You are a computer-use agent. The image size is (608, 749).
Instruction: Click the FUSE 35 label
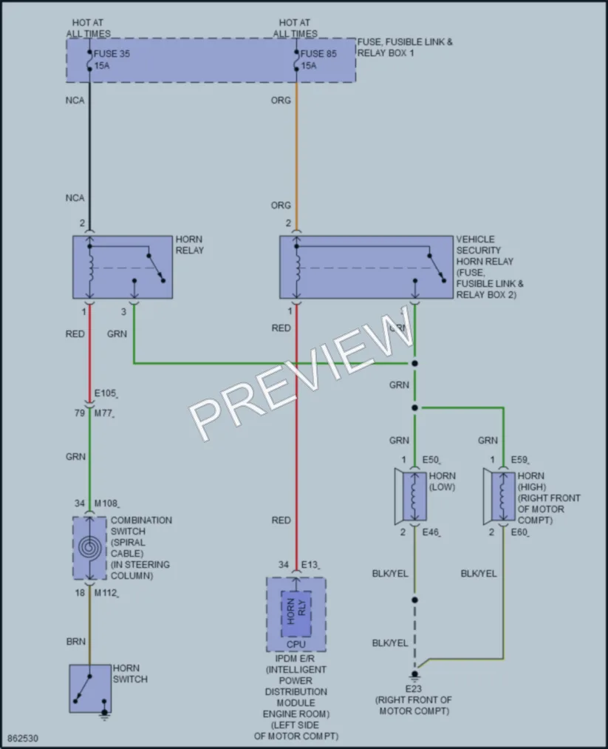(112, 54)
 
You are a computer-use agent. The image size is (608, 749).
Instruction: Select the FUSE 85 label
(318, 54)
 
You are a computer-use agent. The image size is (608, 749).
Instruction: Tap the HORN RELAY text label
(189, 245)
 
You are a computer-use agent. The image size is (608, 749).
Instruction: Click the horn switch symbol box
(90, 688)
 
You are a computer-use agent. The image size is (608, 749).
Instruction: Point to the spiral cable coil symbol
(89, 547)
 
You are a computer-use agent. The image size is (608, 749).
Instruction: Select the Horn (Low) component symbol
(411, 497)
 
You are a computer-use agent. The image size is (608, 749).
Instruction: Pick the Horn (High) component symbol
(499, 497)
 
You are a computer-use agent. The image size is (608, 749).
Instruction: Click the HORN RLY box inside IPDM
(296, 614)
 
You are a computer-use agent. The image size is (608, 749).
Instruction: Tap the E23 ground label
(413, 689)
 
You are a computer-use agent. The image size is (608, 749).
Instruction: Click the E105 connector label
(106, 393)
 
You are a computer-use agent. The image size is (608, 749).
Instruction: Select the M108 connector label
(106, 504)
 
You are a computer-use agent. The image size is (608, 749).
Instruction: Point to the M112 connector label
(106, 593)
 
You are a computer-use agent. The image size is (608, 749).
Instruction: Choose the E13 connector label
(310, 565)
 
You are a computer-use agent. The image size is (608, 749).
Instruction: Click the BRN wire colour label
(76, 642)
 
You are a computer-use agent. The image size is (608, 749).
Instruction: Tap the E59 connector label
(519, 459)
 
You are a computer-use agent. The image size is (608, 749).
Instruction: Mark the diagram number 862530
(22, 739)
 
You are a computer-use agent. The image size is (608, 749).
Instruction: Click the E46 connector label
(431, 532)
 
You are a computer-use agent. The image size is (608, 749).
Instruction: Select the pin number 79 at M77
(80, 413)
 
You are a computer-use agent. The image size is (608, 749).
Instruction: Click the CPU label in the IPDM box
(296, 645)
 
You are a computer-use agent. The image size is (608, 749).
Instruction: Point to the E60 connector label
(519, 532)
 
